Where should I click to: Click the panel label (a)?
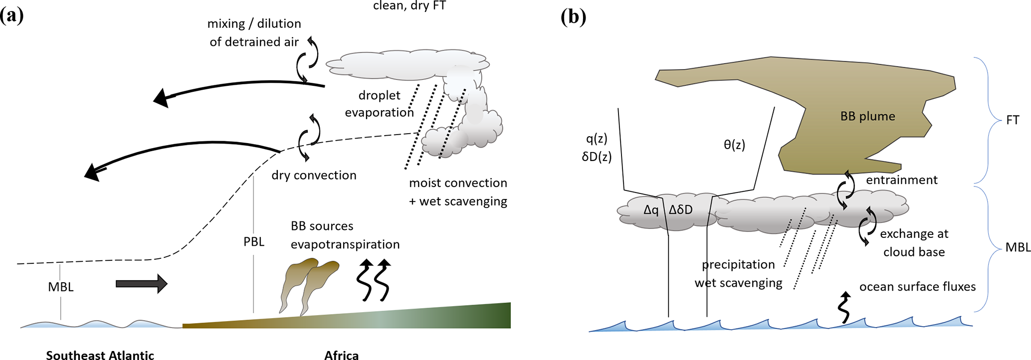click(x=11, y=16)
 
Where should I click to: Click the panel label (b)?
click(x=573, y=17)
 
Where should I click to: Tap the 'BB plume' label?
click(x=867, y=116)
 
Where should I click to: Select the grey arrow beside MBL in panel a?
click(x=141, y=284)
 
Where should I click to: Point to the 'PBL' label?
click(x=254, y=242)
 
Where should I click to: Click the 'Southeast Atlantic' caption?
click(x=100, y=355)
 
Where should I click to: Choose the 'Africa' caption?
click(x=341, y=355)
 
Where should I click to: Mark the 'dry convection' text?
click(x=314, y=175)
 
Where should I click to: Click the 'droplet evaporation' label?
click(x=379, y=104)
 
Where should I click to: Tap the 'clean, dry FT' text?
click(x=409, y=6)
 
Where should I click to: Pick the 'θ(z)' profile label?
click(x=734, y=145)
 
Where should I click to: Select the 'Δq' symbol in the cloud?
click(x=651, y=210)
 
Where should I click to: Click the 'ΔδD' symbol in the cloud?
click(x=681, y=210)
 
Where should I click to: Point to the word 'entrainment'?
click(x=901, y=180)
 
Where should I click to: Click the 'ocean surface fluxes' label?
click(x=917, y=287)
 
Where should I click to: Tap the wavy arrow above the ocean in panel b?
click(x=843, y=308)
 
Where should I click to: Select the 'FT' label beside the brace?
click(x=1013, y=120)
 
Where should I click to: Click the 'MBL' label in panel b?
click(x=1018, y=247)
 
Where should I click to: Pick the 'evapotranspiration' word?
click(x=345, y=244)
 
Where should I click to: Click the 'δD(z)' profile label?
click(x=597, y=157)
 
